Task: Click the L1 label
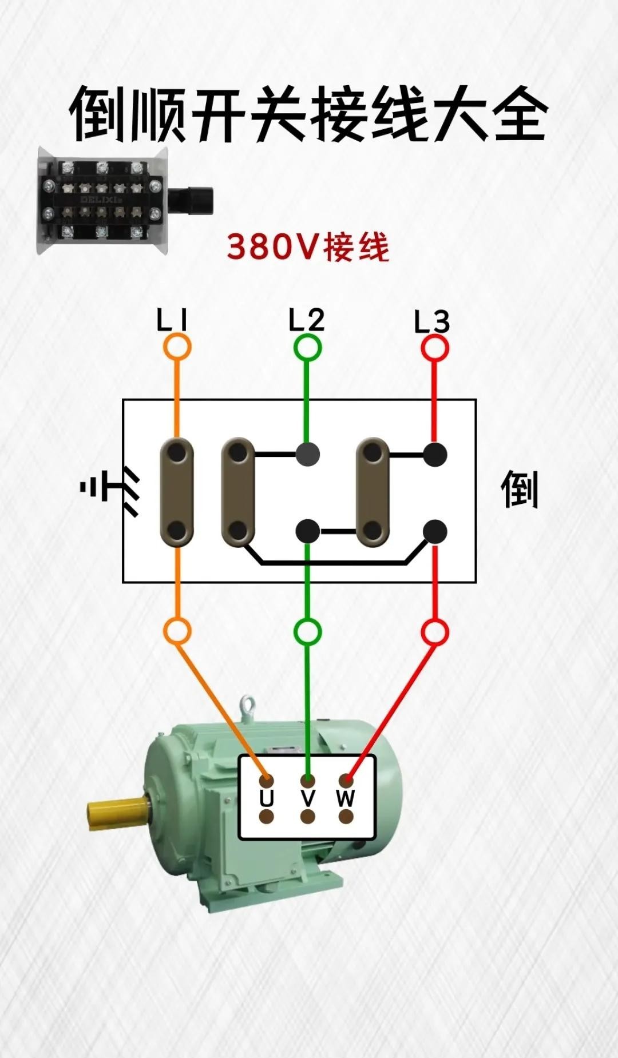[x=172, y=321]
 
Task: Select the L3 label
[x=432, y=322]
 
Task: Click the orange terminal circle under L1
[x=177, y=347]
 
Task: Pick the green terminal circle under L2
[x=308, y=347]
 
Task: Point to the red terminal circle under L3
[x=435, y=348]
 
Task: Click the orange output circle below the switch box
[x=177, y=631]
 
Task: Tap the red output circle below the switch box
[x=435, y=633]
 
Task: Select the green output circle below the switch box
[x=308, y=632]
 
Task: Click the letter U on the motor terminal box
[x=267, y=798]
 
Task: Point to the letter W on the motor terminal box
[x=346, y=798]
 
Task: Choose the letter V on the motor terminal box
[x=308, y=798]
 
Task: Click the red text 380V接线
[x=308, y=247]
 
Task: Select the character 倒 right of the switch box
[x=520, y=490]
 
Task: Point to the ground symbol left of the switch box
[x=109, y=490]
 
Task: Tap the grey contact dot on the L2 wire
[x=308, y=455]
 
